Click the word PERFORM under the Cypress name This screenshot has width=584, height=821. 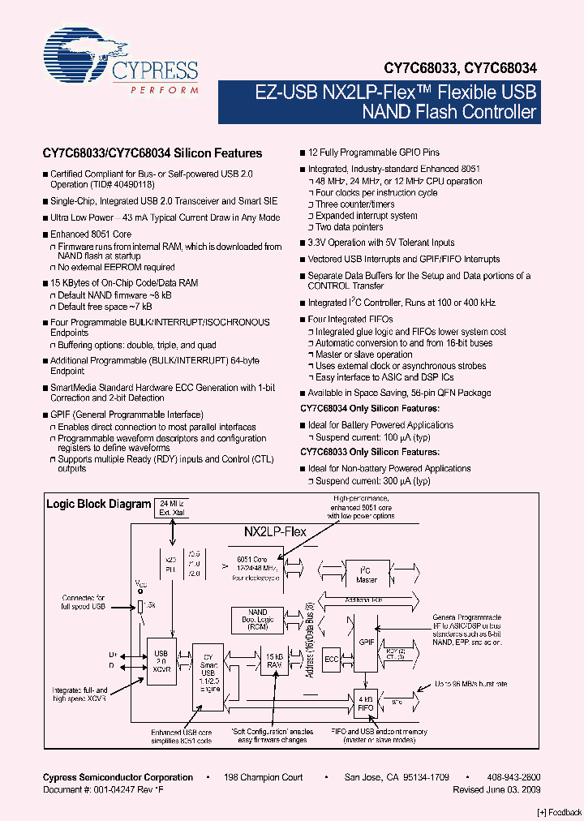[165, 90]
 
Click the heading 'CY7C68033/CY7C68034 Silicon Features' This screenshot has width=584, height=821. [152, 153]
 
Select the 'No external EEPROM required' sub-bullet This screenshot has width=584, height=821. [116, 267]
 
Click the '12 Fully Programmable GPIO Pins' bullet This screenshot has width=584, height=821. [374, 153]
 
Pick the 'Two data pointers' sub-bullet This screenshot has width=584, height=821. [350, 227]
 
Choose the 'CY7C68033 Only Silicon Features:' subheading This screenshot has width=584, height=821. [370, 452]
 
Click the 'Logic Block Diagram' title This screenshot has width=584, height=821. [98, 504]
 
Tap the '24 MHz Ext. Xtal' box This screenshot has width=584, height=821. [171, 508]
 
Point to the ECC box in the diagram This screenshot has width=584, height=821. [331, 659]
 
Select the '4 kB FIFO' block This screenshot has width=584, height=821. [365, 702]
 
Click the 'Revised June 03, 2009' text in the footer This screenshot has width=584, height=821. [496, 789]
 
